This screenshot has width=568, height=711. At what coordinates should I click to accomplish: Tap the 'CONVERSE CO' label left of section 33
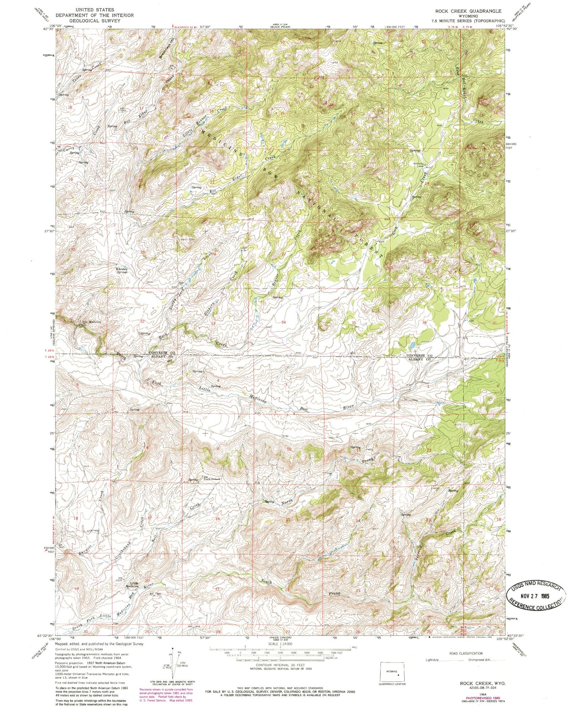pos(162,353)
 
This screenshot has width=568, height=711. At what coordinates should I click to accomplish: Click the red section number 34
pos(283,322)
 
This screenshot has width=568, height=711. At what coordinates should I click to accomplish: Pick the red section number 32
pos(143,322)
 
